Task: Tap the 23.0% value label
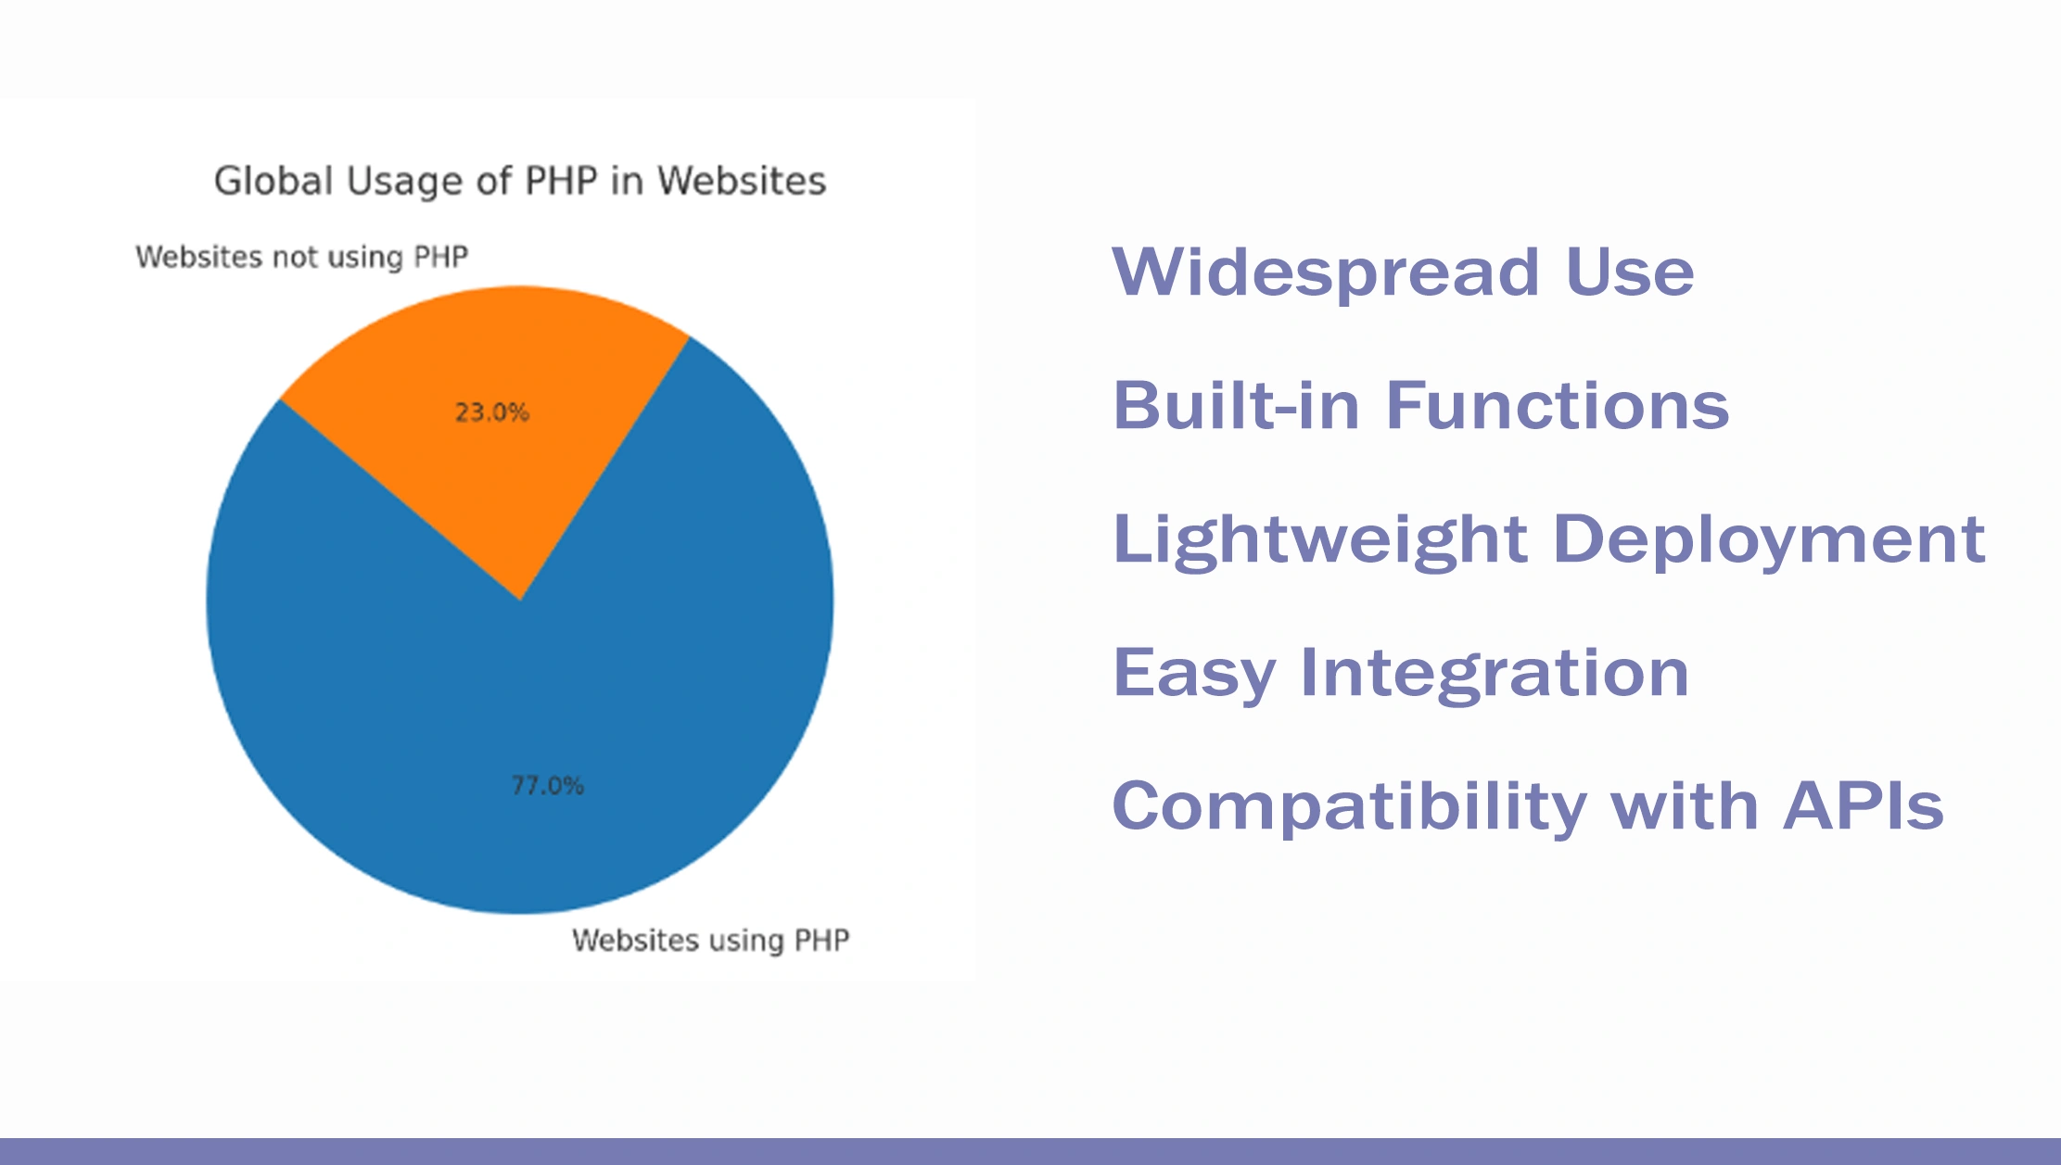[x=491, y=412]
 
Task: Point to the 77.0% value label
[x=547, y=786]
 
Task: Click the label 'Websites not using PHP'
[x=302, y=257]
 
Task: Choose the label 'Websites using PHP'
[x=710, y=941]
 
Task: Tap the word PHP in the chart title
[x=561, y=181]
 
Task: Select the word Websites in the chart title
[x=742, y=181]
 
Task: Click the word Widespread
[x=1326, y=273]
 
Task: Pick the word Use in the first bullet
[x=1630, y=273]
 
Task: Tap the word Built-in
[x=1236, y=406]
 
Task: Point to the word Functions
[x=1558, y=406]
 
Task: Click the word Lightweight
[x=1320, y=540]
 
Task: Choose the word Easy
[x=1194, y=674]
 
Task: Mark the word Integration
[x=1495, y=674]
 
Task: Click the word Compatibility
[x=1350, y=806]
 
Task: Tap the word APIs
[x=1864, y=806]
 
